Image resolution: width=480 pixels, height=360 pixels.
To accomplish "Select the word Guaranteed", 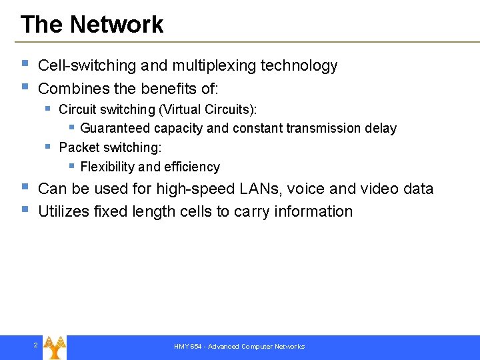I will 116,128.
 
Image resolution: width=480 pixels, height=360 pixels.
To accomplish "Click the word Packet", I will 78,147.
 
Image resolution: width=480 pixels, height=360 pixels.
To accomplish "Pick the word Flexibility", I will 107,167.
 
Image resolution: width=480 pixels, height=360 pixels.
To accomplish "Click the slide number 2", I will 35,345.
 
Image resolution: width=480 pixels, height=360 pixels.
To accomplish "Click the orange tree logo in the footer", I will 54,347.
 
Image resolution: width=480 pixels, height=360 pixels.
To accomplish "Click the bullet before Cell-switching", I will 25,64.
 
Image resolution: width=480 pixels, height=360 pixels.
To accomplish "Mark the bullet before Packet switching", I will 47,145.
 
